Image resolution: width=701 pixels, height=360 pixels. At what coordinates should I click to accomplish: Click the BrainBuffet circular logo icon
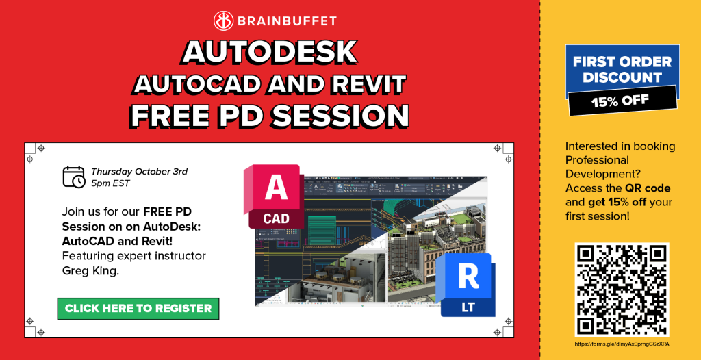pyautogui.click(x=224, y=21)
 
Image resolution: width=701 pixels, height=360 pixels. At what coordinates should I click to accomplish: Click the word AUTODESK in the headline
pyautogui.click(x=270, y=52)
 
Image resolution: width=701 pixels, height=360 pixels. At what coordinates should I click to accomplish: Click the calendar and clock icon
pyautogui.click(x=74, y=177)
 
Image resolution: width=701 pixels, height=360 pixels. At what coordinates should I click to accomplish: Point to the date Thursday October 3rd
pyautogui.click(x=139, y=171)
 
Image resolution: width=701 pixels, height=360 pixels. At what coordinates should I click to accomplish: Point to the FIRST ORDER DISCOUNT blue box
pyautogui.click(x=622, y=68)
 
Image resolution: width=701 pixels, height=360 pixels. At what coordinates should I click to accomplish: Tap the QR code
pyautogui.click(x=622, y=290)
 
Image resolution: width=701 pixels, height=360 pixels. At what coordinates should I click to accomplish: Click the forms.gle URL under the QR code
pyautogui.click(x=621, y=344)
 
